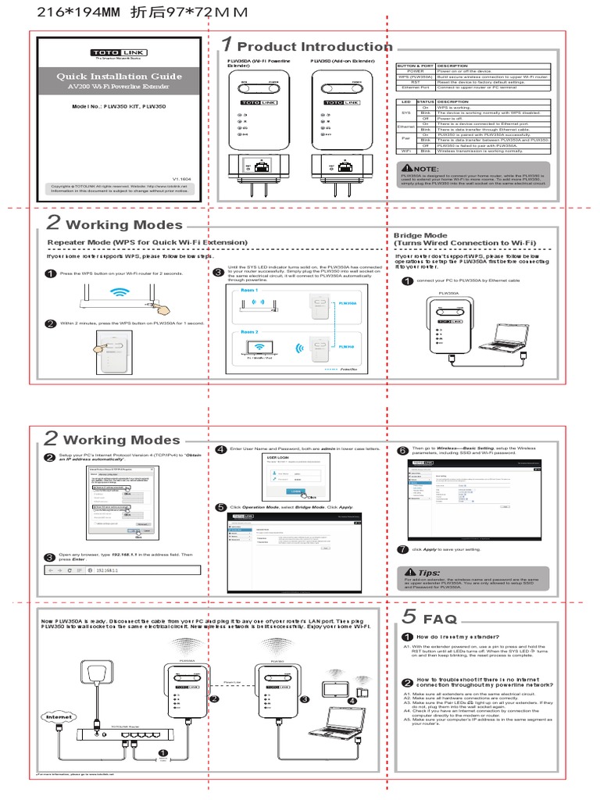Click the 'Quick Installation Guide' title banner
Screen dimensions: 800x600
point(119,76)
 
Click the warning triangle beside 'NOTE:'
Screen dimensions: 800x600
point(407,168)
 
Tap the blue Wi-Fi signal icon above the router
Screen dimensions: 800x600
point(119,293)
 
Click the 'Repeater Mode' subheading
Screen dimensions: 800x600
point(147,243)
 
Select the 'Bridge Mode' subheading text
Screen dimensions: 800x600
point(420,235)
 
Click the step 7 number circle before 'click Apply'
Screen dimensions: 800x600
point(402,549)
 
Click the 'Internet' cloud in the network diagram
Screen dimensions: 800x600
point(59,716)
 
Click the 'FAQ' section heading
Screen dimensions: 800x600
point(440,619)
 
